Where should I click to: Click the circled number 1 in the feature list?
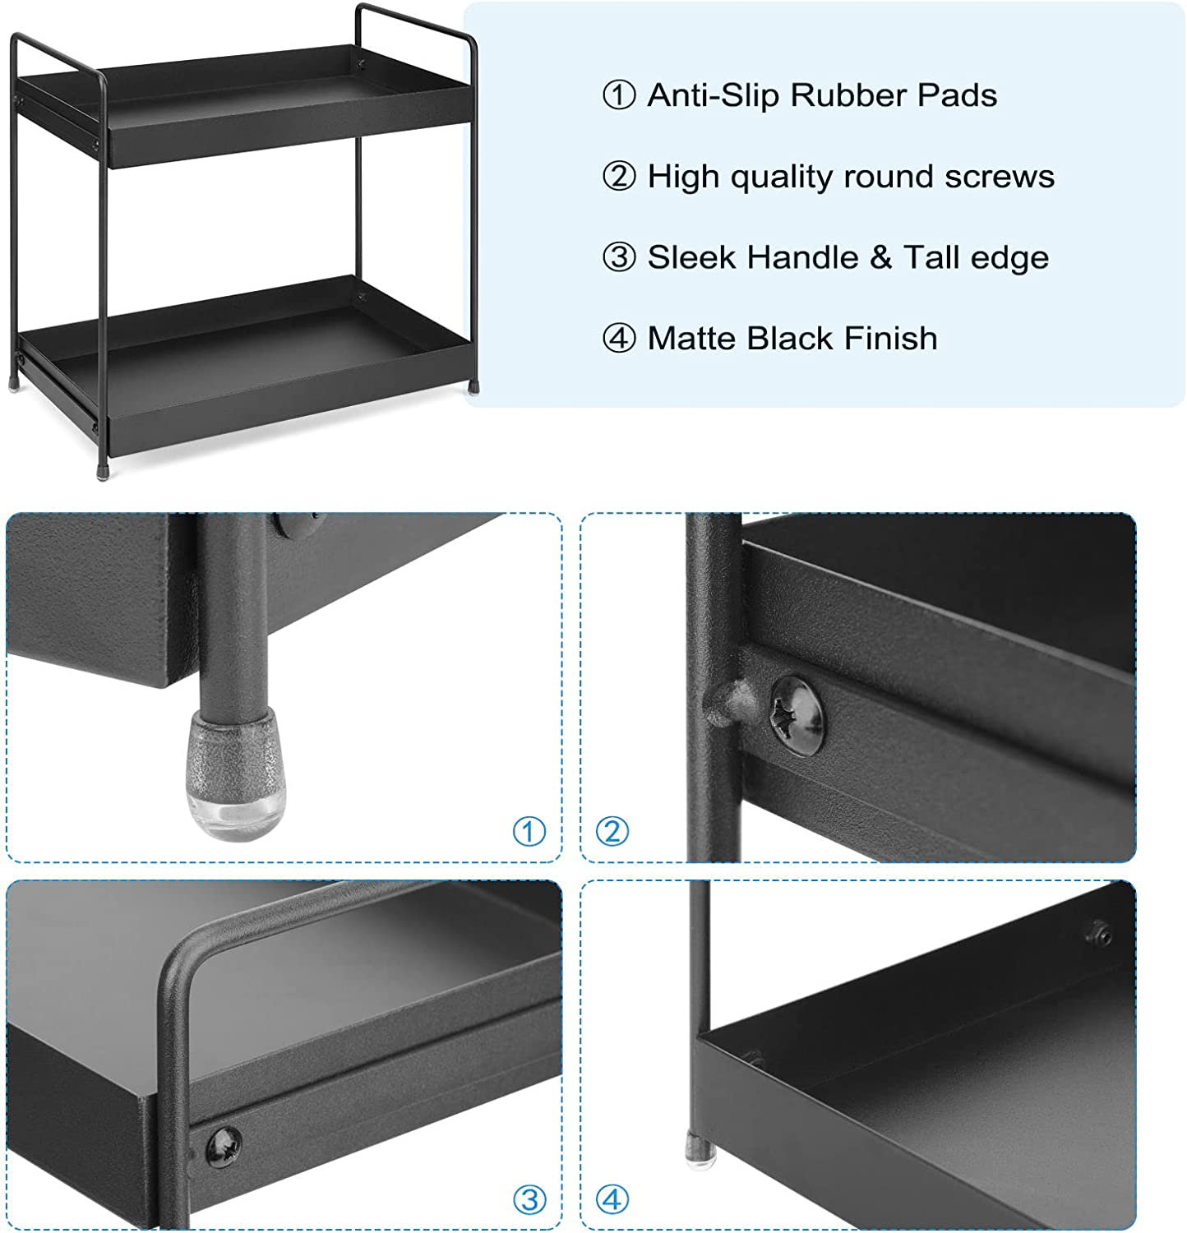pos(619,95)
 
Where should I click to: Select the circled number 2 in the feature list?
pos(619,177)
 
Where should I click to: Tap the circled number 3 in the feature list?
pos(619,257)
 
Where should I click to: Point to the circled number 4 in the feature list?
pos(619,338)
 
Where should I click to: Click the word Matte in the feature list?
pos(692,338)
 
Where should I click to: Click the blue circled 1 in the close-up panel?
pos(529,832)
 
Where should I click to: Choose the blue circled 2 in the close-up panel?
pos(612,832)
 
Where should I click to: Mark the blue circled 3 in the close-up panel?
pos(529,1200)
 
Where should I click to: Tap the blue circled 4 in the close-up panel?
pos(612,1200)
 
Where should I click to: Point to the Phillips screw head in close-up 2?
pos(796,714)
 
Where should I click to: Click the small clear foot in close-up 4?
pos(700,1148)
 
